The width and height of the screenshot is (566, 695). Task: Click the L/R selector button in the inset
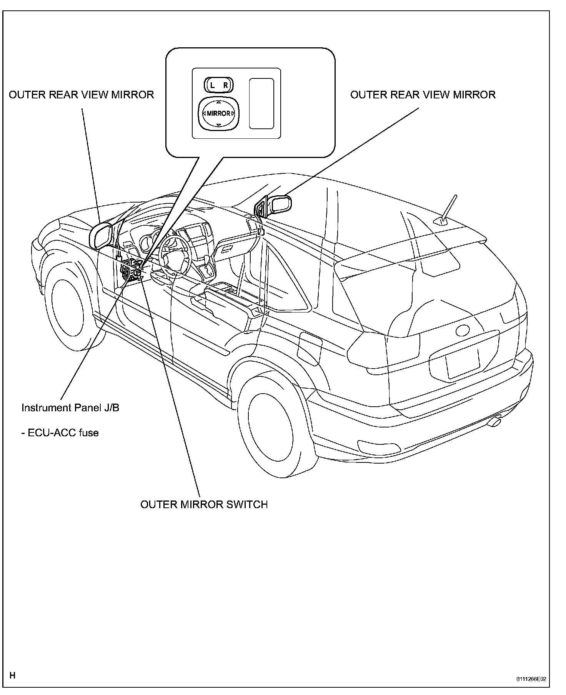218,85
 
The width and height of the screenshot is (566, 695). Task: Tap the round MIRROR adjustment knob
218,113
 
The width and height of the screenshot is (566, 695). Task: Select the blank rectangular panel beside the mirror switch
261,103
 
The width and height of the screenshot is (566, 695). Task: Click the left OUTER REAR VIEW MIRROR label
81,95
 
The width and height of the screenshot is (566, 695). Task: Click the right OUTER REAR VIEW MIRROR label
423,95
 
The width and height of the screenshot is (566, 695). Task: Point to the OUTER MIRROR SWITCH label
204,504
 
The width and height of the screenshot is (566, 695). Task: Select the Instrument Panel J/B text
70,407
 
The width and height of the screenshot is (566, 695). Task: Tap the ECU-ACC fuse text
60,433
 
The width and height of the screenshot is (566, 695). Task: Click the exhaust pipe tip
495,422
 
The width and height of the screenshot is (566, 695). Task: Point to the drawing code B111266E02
531,679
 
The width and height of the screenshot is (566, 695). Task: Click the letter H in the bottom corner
12,675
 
